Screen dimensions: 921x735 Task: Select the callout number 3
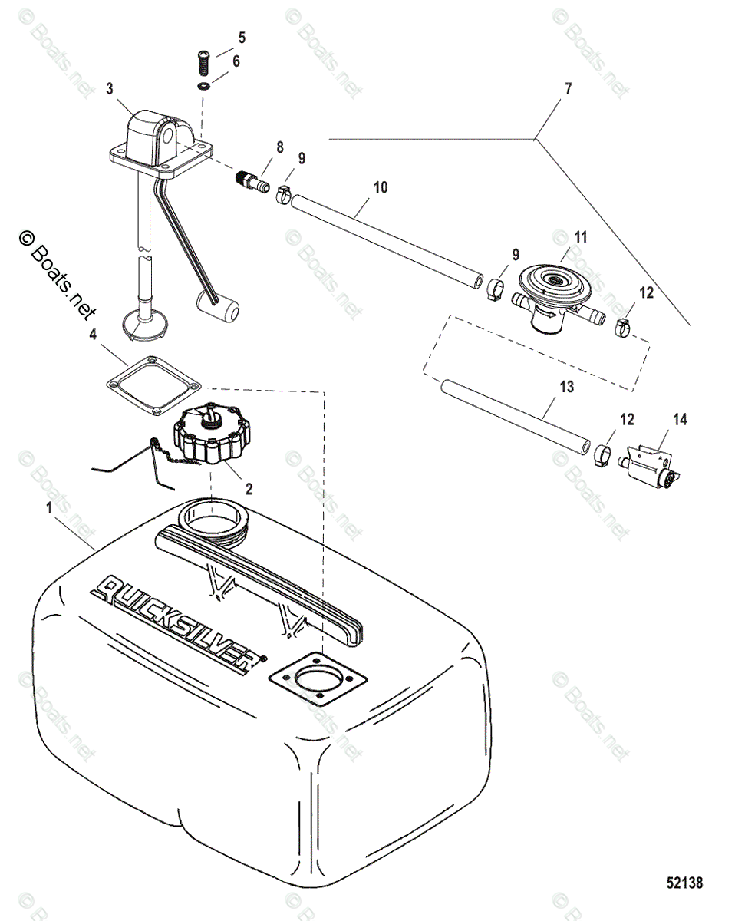point(110,88)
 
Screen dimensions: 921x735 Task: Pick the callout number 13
point(566,388)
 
